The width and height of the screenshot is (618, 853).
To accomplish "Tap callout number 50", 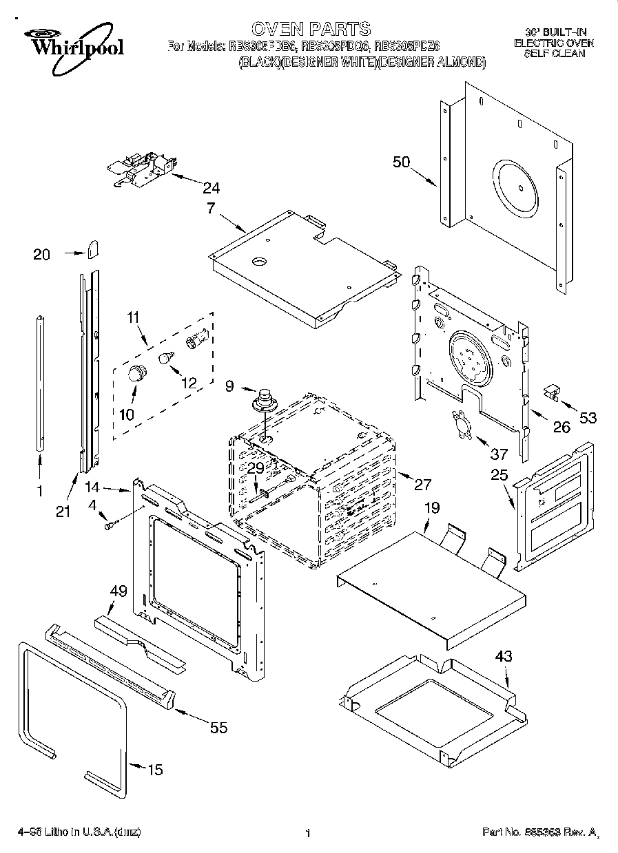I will tap(401, 162).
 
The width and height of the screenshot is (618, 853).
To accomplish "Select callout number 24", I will tap(211, 187).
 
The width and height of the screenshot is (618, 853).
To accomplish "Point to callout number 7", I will tap(212, 207).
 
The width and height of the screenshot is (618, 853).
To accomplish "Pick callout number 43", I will tap(504, 657).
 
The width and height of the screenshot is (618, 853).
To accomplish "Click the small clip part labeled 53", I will tap(550, 392).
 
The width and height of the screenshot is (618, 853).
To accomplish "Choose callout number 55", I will tap(218, 728).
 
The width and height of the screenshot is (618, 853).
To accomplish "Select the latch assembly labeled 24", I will tap(142, 169).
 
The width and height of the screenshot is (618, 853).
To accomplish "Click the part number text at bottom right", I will tap(539, 832).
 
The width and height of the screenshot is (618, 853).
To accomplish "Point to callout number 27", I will tap(421, 484).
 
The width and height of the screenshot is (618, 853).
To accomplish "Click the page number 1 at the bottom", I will tap(308, 833).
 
